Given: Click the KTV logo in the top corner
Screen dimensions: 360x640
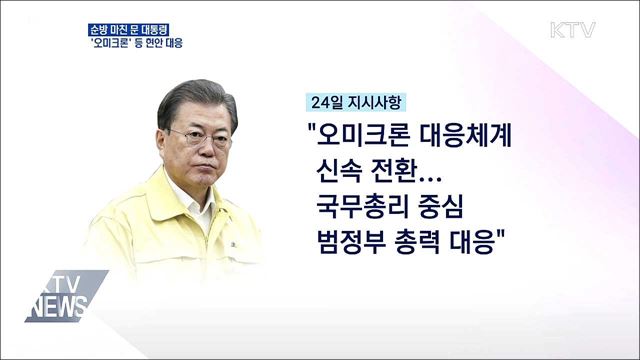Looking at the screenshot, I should [572, 29].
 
